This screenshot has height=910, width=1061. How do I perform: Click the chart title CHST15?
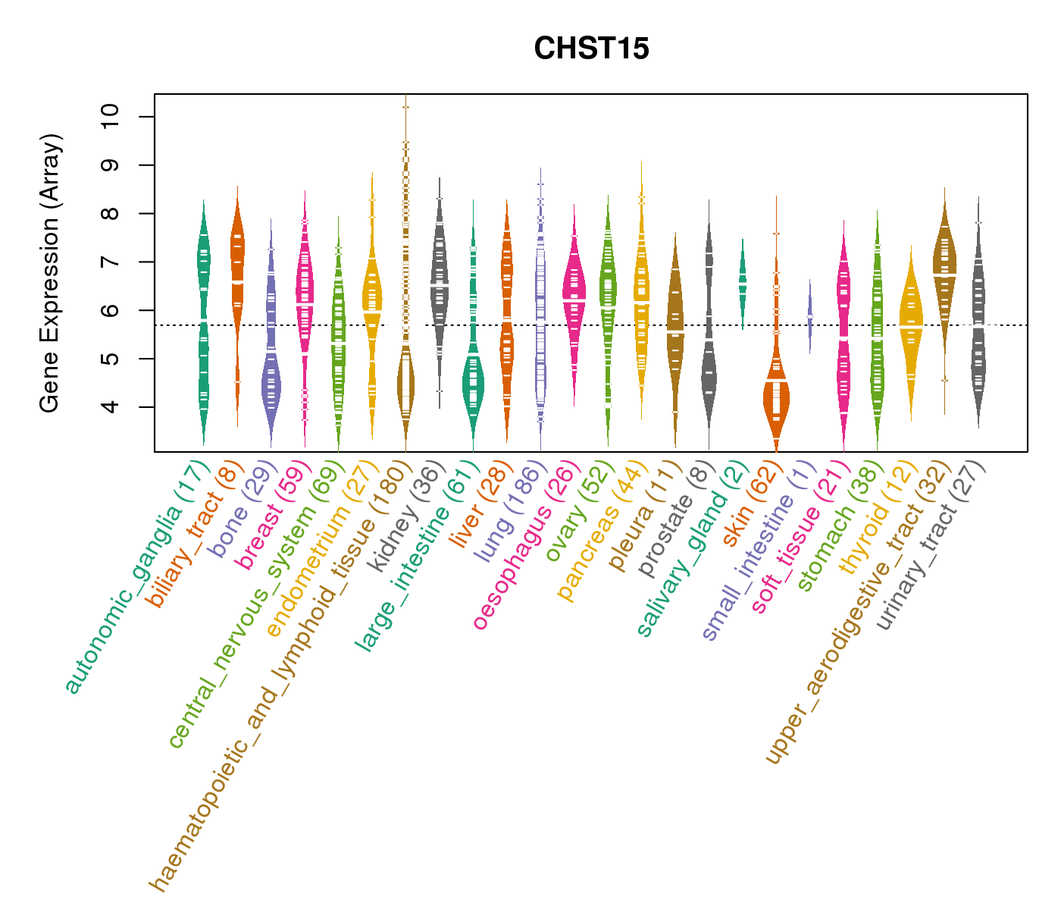(591, 49)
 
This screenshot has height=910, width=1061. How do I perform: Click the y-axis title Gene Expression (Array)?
(50, 273)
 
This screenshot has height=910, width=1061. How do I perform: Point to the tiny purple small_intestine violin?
(809, 314)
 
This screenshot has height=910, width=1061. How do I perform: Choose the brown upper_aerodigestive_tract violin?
(944, 265)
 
